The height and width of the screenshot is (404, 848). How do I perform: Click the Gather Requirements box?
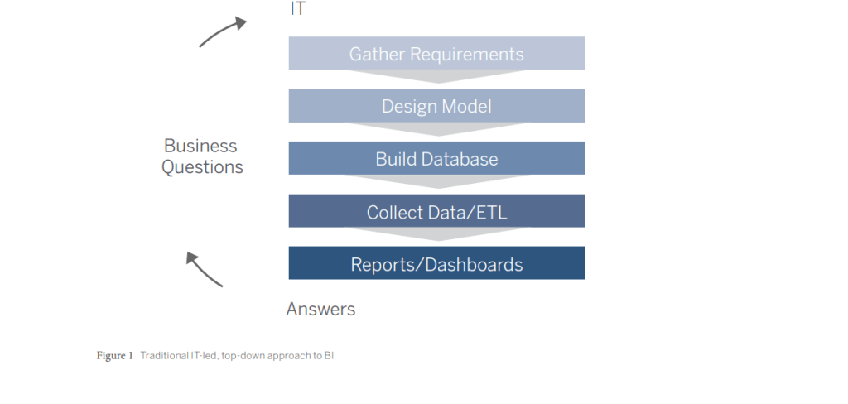coord(436,53)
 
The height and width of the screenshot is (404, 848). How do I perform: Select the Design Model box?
coord(436,106)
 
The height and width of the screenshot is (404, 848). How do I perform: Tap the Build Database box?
coord(436,158)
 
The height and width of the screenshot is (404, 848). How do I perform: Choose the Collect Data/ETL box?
coord(436,211)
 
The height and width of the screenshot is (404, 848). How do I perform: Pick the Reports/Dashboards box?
coord(436,262)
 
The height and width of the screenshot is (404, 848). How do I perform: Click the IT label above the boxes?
coord(298,8)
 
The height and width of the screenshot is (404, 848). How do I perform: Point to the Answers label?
coord(320,310)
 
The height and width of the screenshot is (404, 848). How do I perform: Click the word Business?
coord(200,146)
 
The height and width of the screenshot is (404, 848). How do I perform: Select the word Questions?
coord(202,167)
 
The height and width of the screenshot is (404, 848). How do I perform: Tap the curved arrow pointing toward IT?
coord(222,31)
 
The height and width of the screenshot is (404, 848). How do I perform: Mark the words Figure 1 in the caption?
coord(114,356)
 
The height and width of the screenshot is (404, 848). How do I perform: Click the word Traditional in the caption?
coord(157,356)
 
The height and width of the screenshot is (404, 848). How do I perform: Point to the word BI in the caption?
coord(329,356)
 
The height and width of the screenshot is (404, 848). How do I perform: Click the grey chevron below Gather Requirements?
coord(436,75)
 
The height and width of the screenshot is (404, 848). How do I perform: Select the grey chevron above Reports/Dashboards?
coord(436,233)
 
